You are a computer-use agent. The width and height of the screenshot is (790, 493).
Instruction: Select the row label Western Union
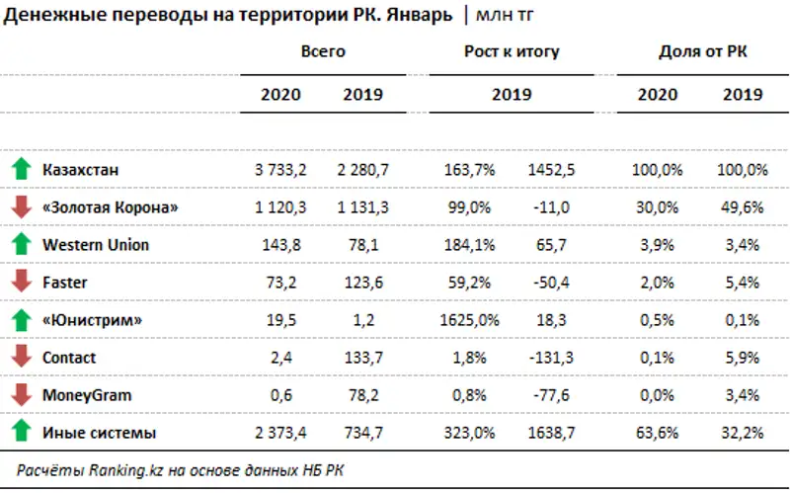[96, 244]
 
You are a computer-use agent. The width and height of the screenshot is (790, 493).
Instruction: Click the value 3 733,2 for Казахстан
[280, 170]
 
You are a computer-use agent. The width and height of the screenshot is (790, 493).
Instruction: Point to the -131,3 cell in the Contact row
[552, 358]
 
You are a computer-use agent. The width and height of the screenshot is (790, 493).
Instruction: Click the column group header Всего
[323, 51]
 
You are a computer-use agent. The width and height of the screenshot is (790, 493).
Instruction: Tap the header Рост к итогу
[511, 51]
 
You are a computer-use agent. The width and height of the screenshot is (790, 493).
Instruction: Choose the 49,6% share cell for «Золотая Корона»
[743, 207]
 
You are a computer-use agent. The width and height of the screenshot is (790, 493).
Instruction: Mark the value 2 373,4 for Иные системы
[280, 433]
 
